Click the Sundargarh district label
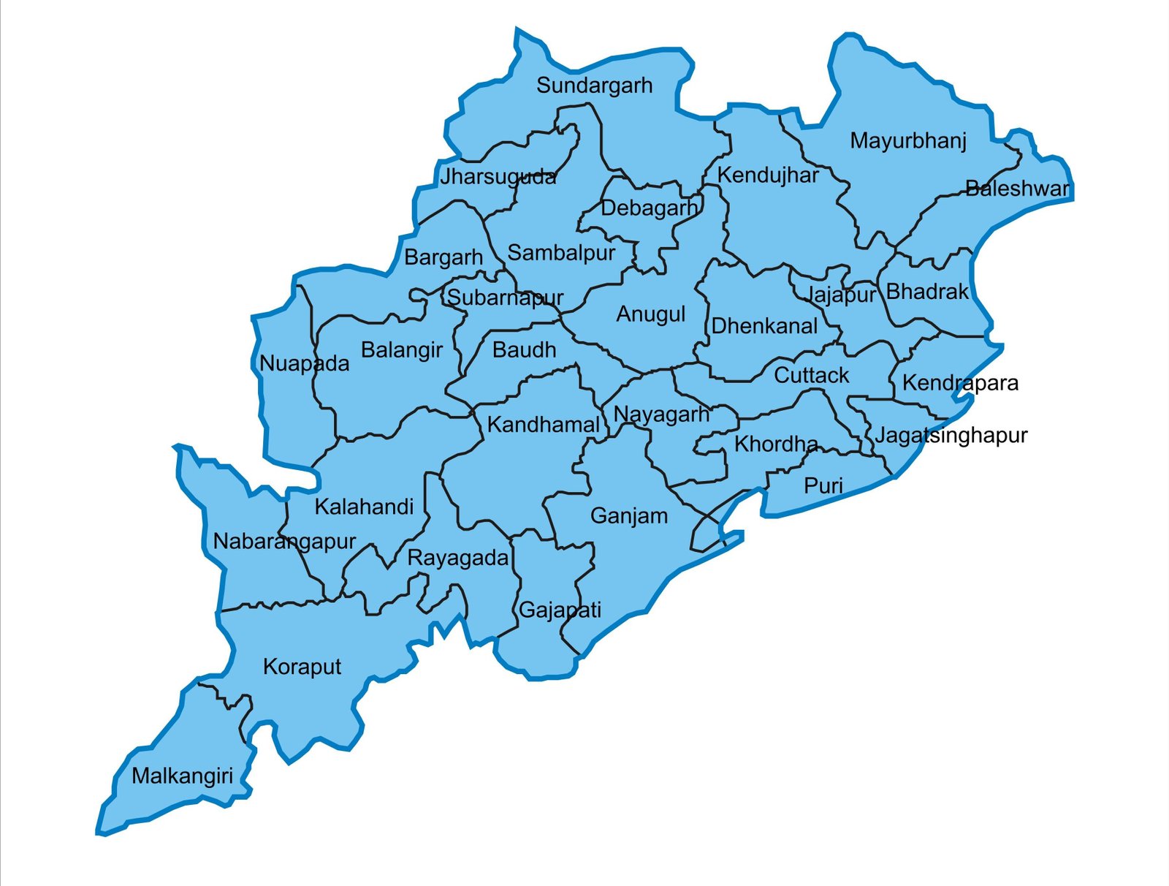(594, 86)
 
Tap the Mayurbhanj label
(908, 141)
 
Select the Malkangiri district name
(182, 776)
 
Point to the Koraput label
(302, 667)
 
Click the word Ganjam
(629, 516)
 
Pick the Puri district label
(823, 485)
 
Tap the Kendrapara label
(960, 383)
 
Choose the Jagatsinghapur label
(951, 436)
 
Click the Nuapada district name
(304, 363)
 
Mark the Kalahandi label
(364, 507)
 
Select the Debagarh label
(649, 208)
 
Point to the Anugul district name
(651, 314)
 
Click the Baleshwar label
(1017, 189)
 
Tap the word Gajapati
(560, 610)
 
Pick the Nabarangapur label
(284, 542)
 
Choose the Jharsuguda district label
(498, 177)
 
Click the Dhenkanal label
(764, 326)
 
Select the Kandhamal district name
(543, 425)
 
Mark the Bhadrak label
(927, 292)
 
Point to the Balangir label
(402, 350)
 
